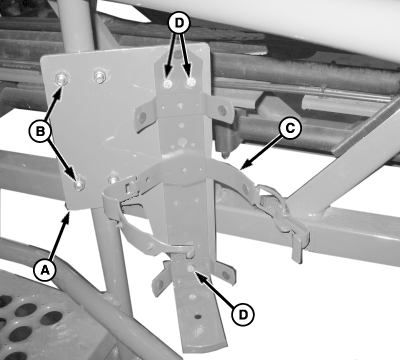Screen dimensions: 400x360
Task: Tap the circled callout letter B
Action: point(40,131)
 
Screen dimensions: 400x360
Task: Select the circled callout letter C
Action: point(290,128)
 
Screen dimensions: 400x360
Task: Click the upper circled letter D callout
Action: point(179,22)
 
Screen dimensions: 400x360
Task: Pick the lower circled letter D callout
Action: point(243,314)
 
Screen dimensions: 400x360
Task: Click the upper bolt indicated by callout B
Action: point(62,80)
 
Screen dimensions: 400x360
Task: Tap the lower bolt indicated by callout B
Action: point(79,184)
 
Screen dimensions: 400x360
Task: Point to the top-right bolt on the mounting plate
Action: point(99,76)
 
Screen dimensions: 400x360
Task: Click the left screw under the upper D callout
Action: point(168,85)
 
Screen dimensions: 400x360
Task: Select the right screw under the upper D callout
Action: point(191,82)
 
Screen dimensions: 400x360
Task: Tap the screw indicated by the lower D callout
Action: point(191,269)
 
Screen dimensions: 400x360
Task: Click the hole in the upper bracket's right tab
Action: point(221,110)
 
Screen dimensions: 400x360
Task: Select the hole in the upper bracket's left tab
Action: point(142,117)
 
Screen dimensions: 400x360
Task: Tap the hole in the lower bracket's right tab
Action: point(227,275)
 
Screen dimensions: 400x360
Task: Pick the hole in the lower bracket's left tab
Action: point(161,284)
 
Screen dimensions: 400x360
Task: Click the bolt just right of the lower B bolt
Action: point(114,179)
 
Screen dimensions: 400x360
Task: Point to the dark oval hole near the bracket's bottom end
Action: point(198,316)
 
